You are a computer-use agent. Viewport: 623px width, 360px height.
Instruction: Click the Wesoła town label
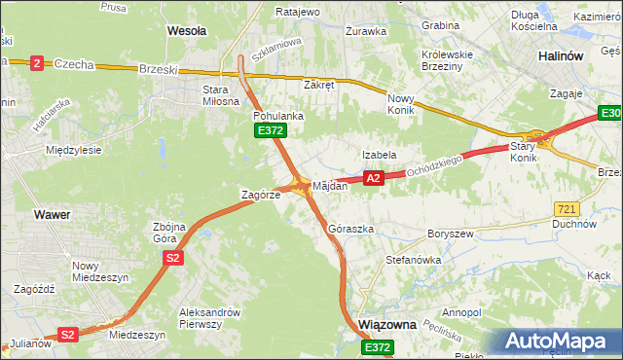tap(187, 31)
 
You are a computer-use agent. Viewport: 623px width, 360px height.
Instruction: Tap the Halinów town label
tap(561, 56)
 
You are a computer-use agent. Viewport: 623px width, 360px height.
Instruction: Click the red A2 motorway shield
tap(373, 178)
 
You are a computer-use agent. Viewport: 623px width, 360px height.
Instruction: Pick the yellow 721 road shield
tap(567, 208)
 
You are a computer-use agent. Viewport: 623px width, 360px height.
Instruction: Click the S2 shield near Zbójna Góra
tap(172, 257)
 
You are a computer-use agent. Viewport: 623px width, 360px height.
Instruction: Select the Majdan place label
tap(330, 186)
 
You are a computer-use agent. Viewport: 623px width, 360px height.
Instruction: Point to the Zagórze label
tap(261, 195)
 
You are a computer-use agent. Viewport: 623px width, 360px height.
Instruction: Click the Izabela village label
tap(379, 155)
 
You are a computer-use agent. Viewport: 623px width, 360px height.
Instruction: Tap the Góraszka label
tap(351, 229)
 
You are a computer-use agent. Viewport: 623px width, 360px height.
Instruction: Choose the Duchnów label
tap(572, 223)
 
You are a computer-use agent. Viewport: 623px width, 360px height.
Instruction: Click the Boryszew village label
tap(450, 234)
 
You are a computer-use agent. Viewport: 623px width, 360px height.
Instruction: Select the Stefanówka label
tap(414, 261)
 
